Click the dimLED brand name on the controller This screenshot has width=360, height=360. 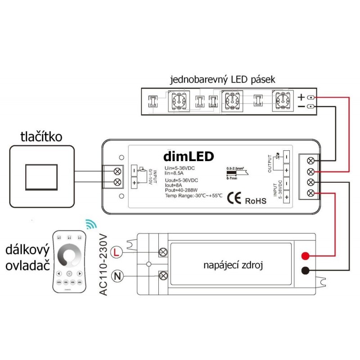pos(189,156)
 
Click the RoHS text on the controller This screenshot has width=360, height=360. pos(256,200)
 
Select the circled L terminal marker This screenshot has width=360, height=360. pos(116,252)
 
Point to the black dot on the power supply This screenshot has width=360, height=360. pos(305,271)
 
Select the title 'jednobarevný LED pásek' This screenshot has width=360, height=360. pos(223,81)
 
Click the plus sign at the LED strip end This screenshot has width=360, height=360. pos(301,97)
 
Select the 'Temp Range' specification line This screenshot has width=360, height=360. pos(188,195)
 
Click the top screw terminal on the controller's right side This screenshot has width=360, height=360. pos(311,161)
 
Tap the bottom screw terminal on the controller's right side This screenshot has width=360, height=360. pos(311,193)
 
